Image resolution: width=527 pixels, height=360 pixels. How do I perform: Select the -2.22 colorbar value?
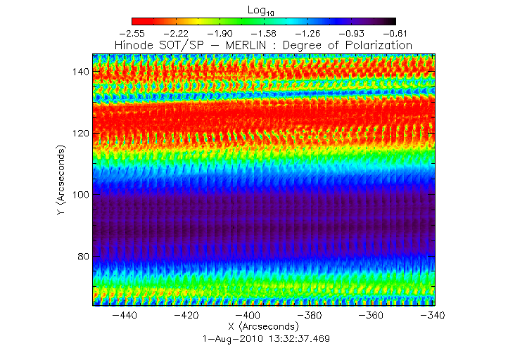point(176,33)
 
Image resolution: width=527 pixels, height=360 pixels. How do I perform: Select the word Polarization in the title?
point(377,45)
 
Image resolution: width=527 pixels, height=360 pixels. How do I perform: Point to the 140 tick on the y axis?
point(78,72)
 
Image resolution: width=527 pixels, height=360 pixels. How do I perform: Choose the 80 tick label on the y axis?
point(81,256)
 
